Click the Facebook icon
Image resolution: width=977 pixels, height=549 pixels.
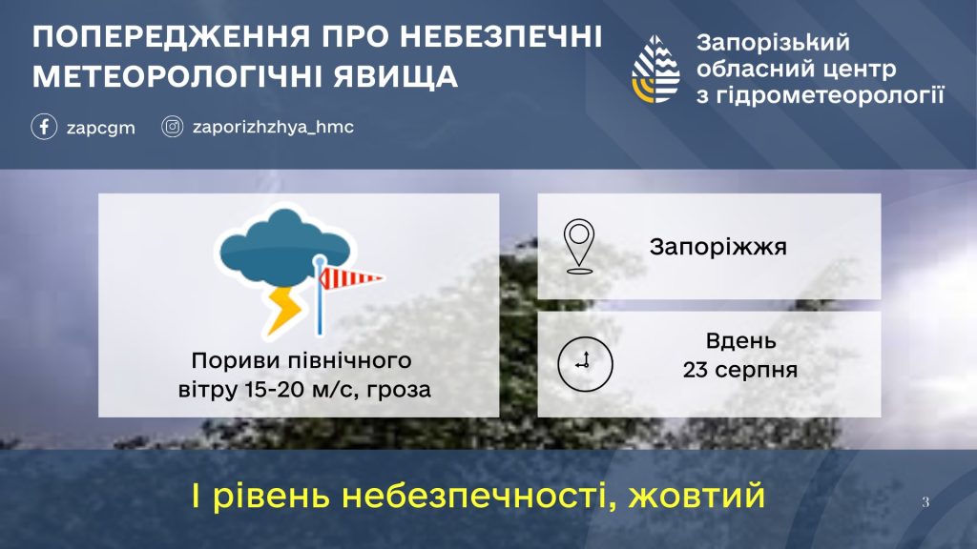click(44, 127)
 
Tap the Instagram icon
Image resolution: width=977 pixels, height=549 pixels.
click(173, 127)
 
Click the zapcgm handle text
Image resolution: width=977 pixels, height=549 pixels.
click(101, 129)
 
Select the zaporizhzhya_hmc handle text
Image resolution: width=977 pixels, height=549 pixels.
click(273, 127)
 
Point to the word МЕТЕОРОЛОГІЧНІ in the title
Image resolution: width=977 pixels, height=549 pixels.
click(177, 76)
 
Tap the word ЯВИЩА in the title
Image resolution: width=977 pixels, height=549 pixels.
click(395, 76)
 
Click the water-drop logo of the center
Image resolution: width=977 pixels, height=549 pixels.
click(655, 69)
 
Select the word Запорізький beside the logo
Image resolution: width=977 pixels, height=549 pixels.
click(773, 43)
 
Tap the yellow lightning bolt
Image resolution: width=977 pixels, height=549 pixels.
click(284, 310)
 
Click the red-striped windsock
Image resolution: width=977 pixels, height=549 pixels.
click(351, 278)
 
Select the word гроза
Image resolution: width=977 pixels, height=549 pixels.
click(399, 390)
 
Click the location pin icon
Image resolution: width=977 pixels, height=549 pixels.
click(579, 246)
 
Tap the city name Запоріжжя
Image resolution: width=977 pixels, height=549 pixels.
click(717, 247)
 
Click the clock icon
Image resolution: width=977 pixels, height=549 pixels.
click(585, 364)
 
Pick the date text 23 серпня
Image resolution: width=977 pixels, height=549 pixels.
click(740, 370)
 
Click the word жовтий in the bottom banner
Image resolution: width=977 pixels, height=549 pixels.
click(696, 496)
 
